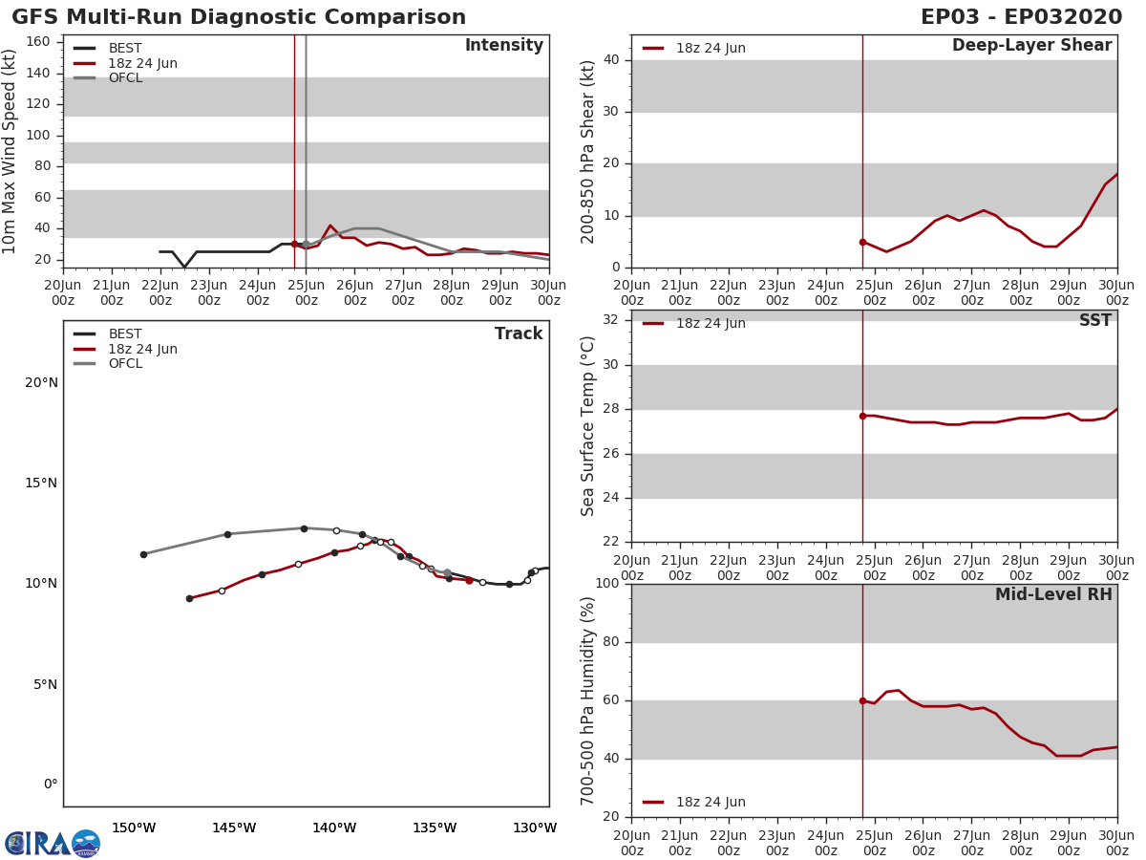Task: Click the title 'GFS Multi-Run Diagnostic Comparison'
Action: (x=239, y=17)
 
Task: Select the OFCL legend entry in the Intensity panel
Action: (x=125, y=78)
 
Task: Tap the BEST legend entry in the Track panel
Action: (x=125, y=334)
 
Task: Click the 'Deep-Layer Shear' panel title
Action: (x=1031, y=46)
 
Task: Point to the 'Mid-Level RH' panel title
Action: (x=1053, y=594)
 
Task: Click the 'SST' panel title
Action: (x=1094, y=321)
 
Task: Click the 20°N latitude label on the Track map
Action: (x=41, y=383)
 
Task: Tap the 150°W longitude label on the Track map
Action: (x=134, y=828)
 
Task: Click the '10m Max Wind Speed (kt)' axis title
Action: (x=11, y=151)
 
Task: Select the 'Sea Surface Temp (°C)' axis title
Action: (x=588, y=426)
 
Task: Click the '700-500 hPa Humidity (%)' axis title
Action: (x=588, y=700)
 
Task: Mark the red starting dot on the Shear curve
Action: (x=862, y=242)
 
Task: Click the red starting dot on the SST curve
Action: (x=862, y=416)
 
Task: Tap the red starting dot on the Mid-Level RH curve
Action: (x=862, y=700)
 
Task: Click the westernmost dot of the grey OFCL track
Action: (x=143, y=554)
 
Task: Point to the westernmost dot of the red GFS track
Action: (x=189, y=598)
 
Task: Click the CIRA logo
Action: (x=53, y=844)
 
